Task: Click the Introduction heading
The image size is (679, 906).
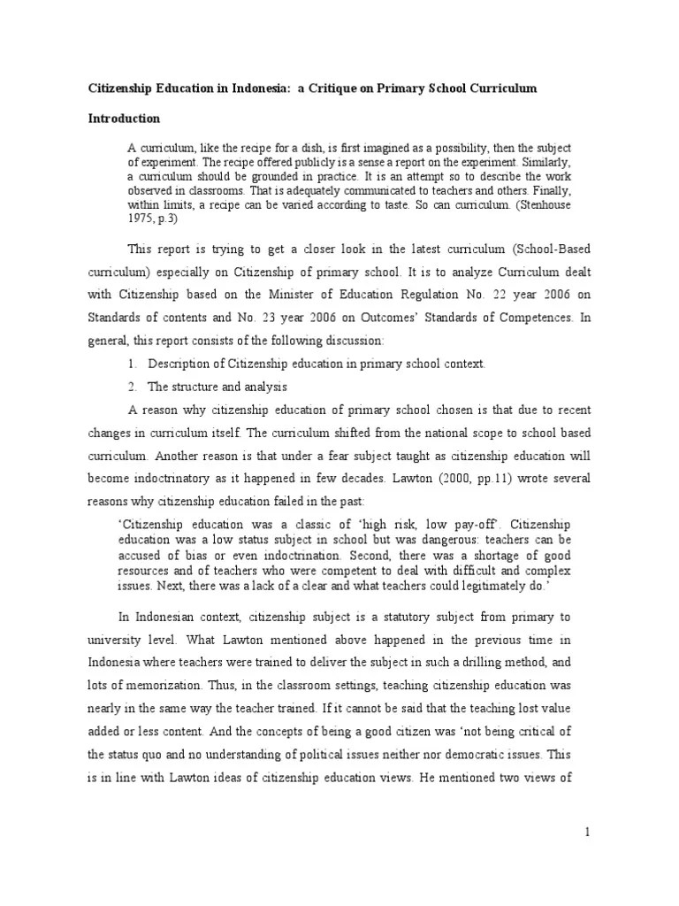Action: click(122, 118)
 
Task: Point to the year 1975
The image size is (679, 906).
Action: click(142, 218)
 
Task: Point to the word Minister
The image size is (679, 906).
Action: click(336, 294)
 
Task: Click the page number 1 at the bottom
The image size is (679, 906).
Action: click(587, 832)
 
